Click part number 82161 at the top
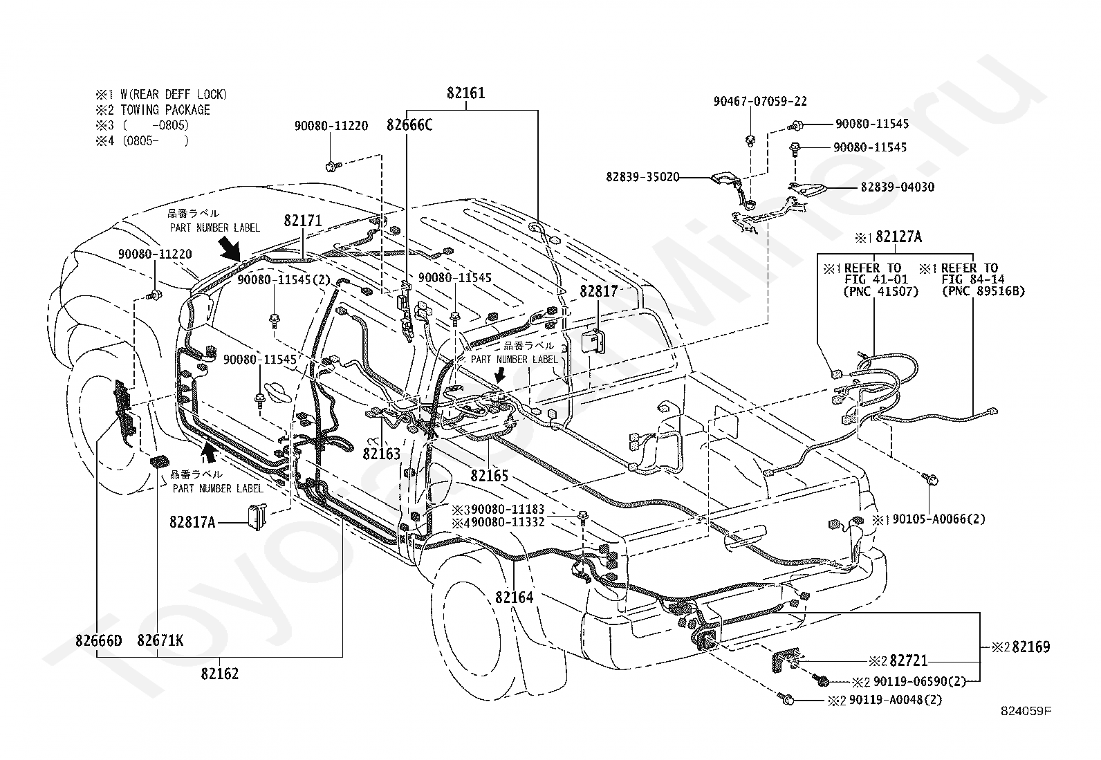[x=465, y=93]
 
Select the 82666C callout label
[x=409, y=125]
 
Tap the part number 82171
[x=303, y=221]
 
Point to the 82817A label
[x=193, y=522]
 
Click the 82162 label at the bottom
[x=220, y=674]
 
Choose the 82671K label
[x=160, y=640]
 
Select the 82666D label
[x=98, y=640]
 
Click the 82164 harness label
[x=514, y=597]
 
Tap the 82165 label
[x=490, y=475]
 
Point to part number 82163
[x=382, y=454]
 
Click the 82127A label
[x=898, y=237]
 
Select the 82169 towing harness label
[x=1031, y=647]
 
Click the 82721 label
[x=909, y=660]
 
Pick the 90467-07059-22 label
[x=760, y=101]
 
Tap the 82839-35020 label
[x=643, y=177]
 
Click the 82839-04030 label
[x=898, y=187]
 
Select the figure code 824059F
[x=1026, y=711]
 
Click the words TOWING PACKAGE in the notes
[x=165, y=110]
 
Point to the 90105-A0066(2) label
[x=938, y=519]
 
